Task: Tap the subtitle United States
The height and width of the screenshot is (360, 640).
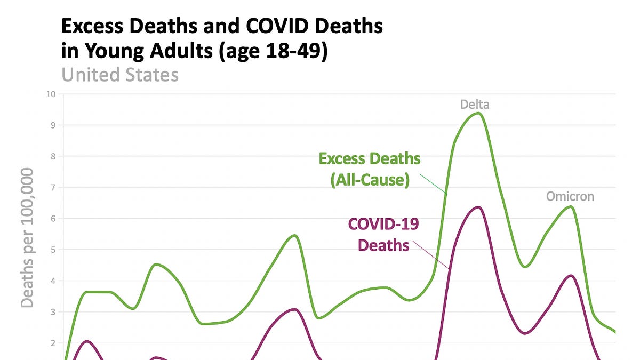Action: tap(120, 75)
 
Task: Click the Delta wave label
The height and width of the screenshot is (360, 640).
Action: tap(475, 105)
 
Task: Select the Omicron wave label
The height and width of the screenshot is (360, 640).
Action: tap(570, 196)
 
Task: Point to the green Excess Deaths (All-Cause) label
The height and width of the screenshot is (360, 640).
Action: tap(369, 170)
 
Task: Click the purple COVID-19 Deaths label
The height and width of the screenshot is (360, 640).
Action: tap(383, 234)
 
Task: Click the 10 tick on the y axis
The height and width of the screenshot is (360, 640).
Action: tap(51, 94)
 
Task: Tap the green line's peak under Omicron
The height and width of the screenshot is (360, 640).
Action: tap(572, 206)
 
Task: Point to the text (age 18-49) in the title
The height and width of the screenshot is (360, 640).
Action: tap(278, 53)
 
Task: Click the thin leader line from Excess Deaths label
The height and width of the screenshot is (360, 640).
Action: tap(433, 183)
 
